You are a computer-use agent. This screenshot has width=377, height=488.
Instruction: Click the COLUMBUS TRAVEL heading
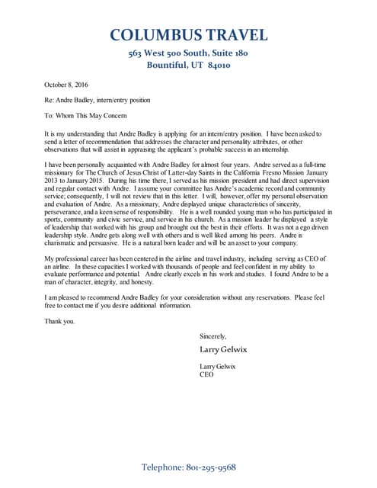click(x=188, y=35)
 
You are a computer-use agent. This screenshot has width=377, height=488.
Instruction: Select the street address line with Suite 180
click(x=188, y=53)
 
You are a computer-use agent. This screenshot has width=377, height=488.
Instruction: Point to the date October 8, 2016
click(x=66, y=86)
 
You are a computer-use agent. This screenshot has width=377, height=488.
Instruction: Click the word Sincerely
click(x=212, y=336)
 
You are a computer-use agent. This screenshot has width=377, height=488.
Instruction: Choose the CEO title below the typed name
click(x=206, y=374)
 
